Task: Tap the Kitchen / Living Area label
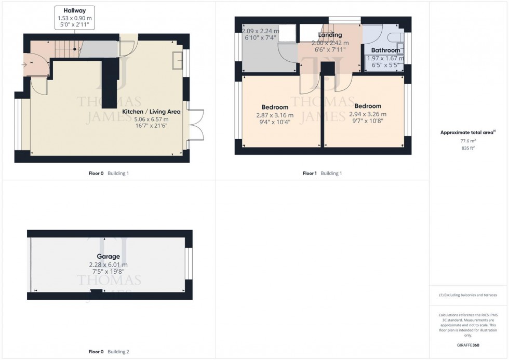coord(151,111)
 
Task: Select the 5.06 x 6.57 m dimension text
coord(151,118)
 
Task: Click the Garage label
coord(108,256)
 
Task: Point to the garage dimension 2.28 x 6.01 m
coord(108,264)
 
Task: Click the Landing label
coord(330,35)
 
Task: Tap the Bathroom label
coord(385,50)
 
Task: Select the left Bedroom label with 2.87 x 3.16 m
coord(275,107)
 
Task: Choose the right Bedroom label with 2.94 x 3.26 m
coord(368,106)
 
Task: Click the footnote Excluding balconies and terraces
coord(468,295)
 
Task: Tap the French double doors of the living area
coord(196,125)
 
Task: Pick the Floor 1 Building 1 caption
coord(322,174)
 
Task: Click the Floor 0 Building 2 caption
coord(109,352)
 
